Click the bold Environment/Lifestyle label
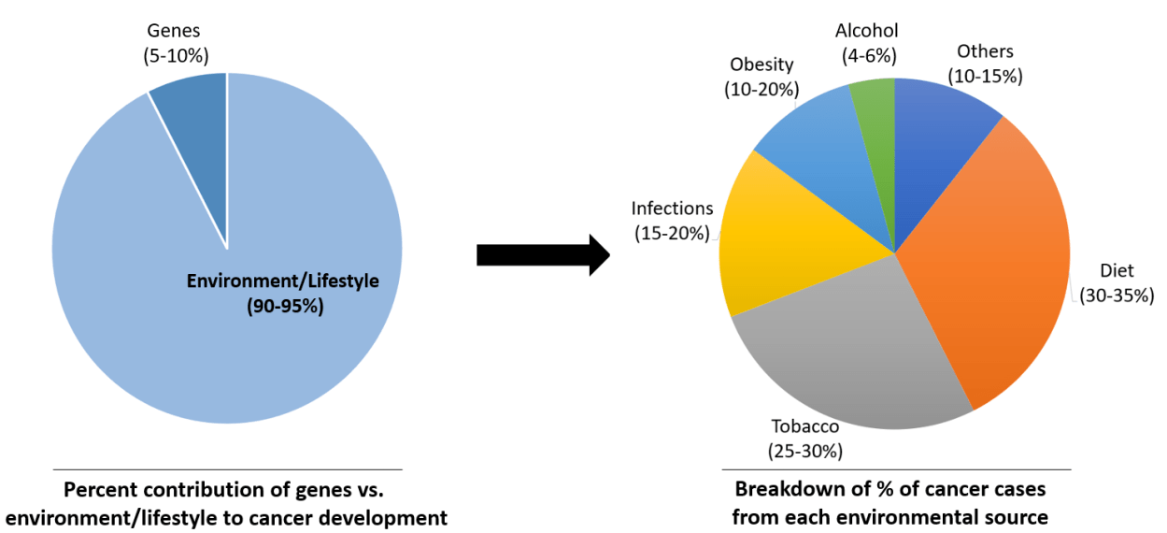283,281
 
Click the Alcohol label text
867,31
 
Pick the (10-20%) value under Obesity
761,89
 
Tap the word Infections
672,209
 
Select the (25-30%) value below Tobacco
805,451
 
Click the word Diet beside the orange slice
1117,271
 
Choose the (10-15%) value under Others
985,76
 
